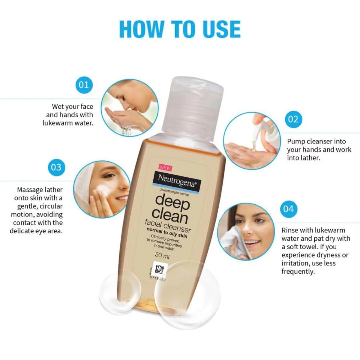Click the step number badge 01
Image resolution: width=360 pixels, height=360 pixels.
click(84, 85)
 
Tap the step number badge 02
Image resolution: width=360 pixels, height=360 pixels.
click(293, 119)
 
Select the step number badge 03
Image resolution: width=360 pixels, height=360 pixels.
click(56, 166)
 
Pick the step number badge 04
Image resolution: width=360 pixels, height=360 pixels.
click(288, 209)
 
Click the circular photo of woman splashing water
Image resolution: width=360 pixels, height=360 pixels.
click(129, 108)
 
